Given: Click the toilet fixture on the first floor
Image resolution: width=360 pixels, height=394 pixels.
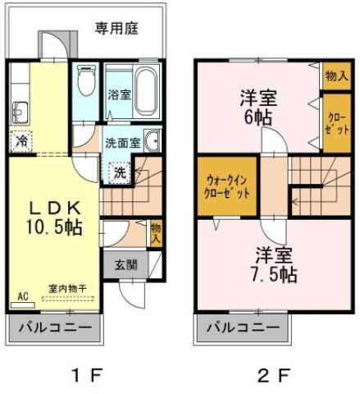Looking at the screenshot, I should (85, 82).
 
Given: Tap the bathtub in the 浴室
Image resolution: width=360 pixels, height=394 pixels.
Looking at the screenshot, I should (145, 90).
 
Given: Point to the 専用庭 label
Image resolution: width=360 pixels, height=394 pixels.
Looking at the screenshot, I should (116, 29).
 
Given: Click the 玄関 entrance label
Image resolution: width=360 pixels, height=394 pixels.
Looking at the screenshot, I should (125, 264).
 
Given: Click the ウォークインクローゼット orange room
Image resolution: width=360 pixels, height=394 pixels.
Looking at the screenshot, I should (223, 188).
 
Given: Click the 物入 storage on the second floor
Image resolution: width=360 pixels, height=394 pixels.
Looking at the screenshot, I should (335, 76).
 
